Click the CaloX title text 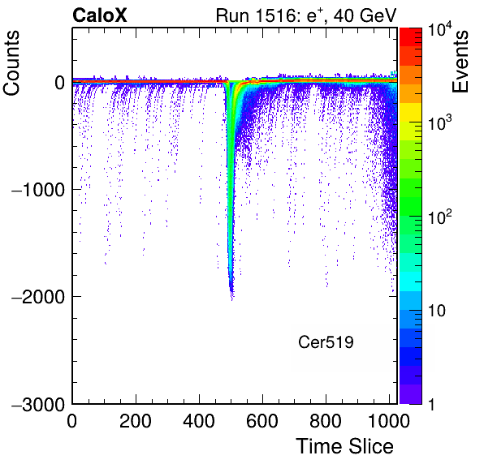point(100,15)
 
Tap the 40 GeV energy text point(365,15)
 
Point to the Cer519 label point(326,342)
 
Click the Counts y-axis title point(11,63)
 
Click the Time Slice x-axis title point(345,446)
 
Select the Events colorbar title point(460,62)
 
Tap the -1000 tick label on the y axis point(38,191)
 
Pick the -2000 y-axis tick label point(38,297)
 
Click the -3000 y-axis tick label point(38,405)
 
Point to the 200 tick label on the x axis point(135,421)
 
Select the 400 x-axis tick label point(199,421)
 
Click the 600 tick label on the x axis point(262,421)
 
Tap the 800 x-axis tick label point(326,421)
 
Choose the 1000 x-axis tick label point(389,421)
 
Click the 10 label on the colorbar point(437,311)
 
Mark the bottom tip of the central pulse point(231,300)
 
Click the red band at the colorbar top point(411,37)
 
